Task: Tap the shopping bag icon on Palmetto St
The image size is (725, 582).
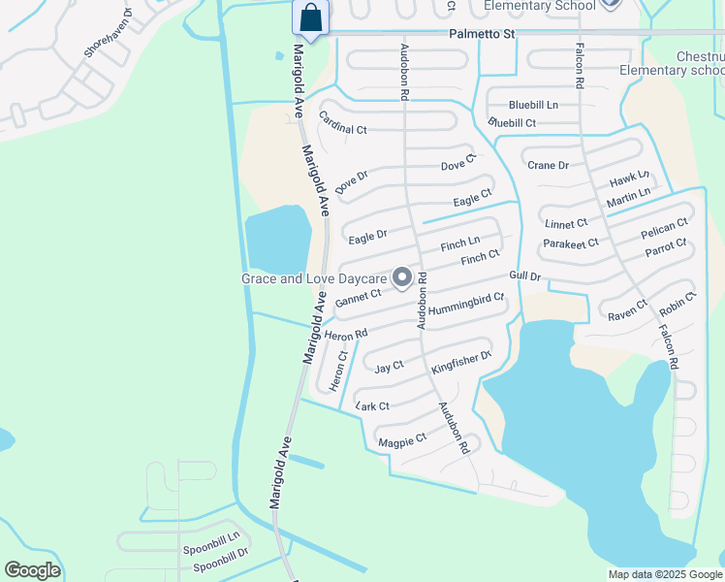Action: [x=310, y=18]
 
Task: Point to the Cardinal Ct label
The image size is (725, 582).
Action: [x=343, y=123]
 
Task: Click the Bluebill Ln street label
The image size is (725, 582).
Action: [x=534, y=105]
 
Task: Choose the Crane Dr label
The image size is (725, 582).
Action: [x=548, y=166]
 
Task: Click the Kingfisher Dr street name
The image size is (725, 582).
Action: [x=462, y=362]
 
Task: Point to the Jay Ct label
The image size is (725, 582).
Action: [x=389, y=368]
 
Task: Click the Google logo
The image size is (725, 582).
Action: [x=32, y=570]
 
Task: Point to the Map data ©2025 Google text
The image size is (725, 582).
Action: [x=664, y=574]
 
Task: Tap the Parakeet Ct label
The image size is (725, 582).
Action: [x=571, y=242]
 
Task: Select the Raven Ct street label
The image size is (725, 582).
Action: [x=627, y=309]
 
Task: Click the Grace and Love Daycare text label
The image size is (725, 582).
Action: [x=315, y=279]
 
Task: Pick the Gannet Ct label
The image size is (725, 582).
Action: [x=358, y=299]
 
